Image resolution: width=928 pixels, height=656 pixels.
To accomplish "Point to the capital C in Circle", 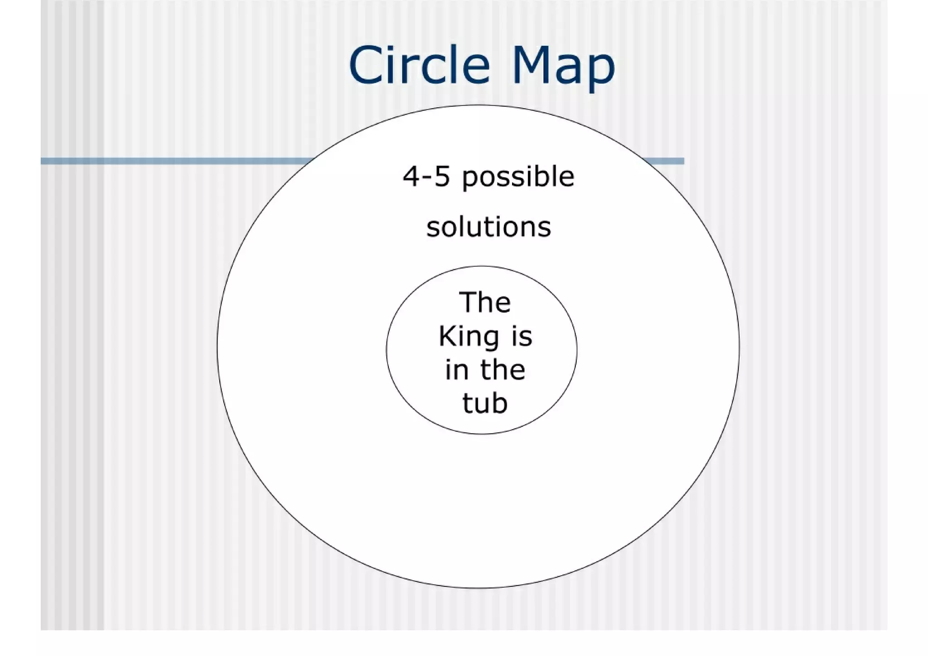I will click(365, 65).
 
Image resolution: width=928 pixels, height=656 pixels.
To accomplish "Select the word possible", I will click(518, 178).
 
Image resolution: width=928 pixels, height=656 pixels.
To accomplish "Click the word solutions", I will click(488, 227).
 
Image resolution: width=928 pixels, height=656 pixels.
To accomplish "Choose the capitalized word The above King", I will click(484, 302).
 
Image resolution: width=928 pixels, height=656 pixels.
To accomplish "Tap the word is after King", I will click(522, 337).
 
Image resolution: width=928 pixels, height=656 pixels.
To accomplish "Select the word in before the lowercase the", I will click(456, 370).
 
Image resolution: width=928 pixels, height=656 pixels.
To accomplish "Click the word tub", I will click(484, 403).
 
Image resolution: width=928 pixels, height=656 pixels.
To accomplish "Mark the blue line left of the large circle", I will click(177, 161).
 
